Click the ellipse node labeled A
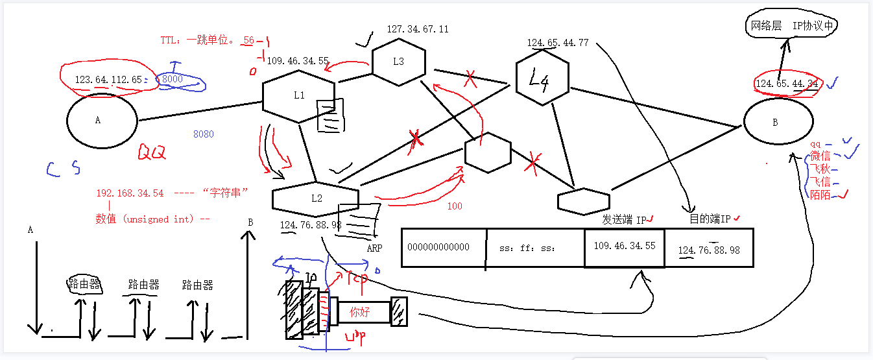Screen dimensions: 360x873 [102, 120]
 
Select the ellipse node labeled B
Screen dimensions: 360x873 [778, 123]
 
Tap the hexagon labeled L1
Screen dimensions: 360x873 [299, 95]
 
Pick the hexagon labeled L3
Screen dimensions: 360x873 [398, 62]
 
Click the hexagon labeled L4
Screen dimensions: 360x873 [542, 79]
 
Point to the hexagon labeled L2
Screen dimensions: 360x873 [316, 198]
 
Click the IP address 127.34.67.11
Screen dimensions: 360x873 [418, 29]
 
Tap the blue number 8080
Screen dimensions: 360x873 [203, 134]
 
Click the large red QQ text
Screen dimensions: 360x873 [152, 152]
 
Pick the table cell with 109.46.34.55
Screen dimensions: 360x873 [625, 247]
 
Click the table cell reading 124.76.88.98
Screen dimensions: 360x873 [709, 250]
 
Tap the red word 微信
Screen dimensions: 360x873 [820, 156]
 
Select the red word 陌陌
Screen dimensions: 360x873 [820, 195]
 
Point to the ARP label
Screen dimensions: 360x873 [374, 248]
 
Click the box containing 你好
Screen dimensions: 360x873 [360, 312]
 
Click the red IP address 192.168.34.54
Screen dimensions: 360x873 [130, 193]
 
